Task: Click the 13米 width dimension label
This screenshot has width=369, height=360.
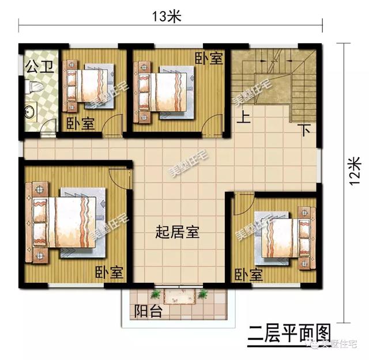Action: pos(167,17)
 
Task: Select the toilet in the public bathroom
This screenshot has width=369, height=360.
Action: pos(35,88)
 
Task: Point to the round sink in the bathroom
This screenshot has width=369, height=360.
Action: pos(29,110)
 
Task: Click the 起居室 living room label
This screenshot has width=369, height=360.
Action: pos(178,232)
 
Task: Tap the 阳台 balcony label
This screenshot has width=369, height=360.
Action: pos(148,312)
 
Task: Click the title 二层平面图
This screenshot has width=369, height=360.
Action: pos(289,333)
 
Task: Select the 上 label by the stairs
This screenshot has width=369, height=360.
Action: pos(244,119)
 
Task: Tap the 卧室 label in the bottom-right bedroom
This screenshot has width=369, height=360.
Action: pos(248,274)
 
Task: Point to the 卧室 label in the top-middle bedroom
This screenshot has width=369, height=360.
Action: pos(208,58)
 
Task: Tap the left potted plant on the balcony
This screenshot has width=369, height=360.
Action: pos(155,295)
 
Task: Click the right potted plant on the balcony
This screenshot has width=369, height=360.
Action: pos(203,294)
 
